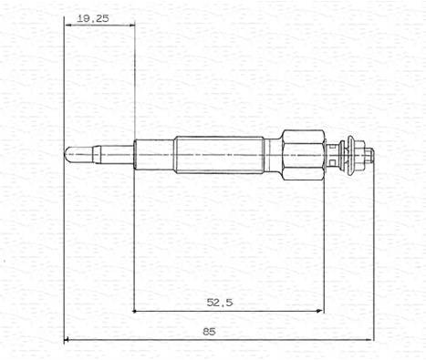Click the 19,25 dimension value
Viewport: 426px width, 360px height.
coord(93,18)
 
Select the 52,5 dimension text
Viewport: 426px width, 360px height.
coord(220,303)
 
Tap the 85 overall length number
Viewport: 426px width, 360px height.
coord(209,332)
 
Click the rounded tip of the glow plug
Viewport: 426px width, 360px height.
coord(68,154)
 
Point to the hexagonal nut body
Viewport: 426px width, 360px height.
coord(303,155)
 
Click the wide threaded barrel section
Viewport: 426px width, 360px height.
coord(219,155)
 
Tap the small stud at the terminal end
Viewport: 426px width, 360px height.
coord(369,154)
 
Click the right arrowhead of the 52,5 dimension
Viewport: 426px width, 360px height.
coord(320,311)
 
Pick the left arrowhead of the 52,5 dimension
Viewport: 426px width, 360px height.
coord(137,311)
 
